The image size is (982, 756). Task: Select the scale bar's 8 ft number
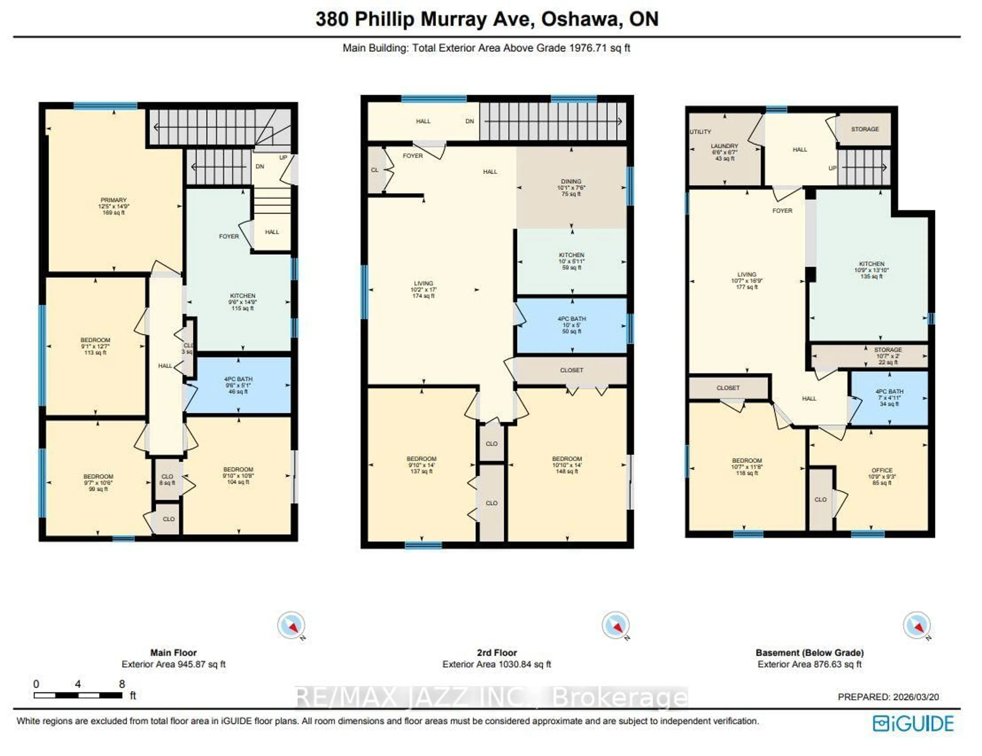click(x=122, y=684)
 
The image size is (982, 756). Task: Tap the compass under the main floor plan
click(x=291, y=625)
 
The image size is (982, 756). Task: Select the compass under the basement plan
click(x=916, y=625)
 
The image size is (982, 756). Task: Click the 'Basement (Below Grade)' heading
click(x=809, y=653)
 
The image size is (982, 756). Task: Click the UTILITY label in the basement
click(x=700, y=132)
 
